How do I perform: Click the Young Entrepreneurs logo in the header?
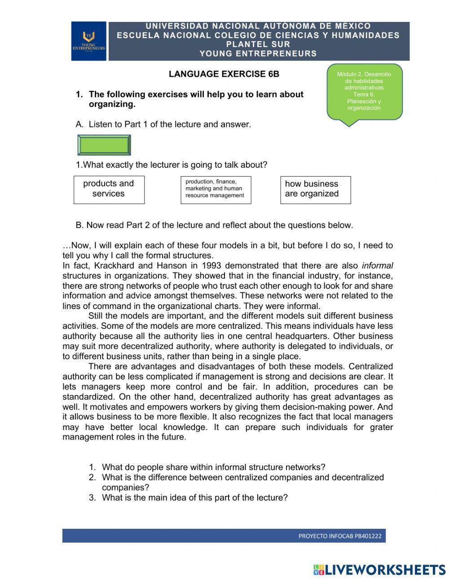pos(89,41)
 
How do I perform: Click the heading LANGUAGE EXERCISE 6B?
pos(224,74)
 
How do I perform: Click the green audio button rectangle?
pos(104,145)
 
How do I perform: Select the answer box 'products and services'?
pos(109,189)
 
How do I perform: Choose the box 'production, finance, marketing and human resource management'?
pos(216,189)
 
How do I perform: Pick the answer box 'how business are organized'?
pos(315,189)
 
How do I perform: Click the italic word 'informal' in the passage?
pos(377,266)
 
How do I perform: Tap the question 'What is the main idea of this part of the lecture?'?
pos(194,497)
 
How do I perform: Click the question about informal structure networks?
pos(213,467)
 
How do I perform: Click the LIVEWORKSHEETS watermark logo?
pos(379,570)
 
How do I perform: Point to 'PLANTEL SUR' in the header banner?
pos(258,44)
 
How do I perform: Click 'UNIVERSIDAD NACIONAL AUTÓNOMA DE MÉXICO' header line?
pos(258,26)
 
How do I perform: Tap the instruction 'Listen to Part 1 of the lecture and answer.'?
pos(170,124)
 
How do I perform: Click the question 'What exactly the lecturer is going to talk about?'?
pos(172,165)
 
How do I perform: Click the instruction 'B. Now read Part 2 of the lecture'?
pos(215,225)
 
